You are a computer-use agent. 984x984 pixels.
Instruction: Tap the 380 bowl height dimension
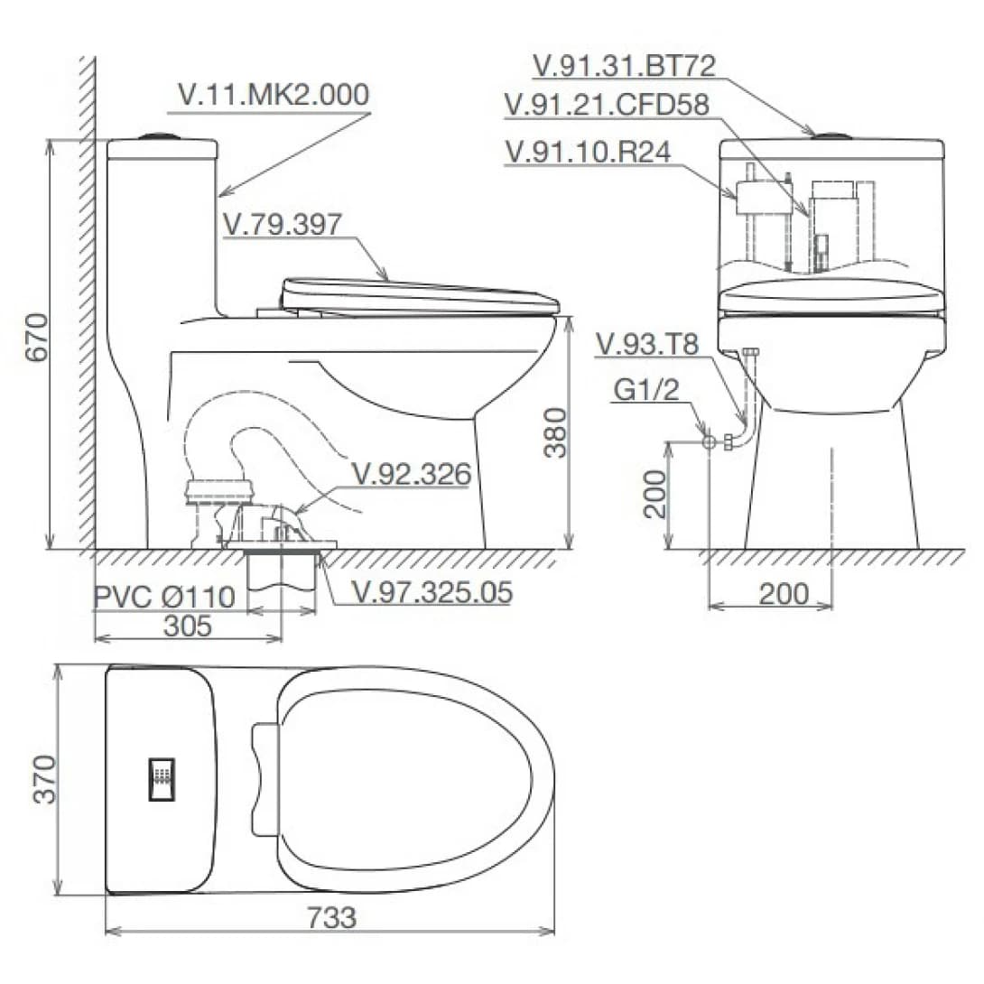(555, 433)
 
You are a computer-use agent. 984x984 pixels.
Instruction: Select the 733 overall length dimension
(331, 917)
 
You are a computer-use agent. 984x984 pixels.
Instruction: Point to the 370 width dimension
(44, 779)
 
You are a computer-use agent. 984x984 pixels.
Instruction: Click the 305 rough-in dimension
(188, 626)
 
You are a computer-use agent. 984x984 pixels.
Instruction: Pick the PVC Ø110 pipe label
(164, 597)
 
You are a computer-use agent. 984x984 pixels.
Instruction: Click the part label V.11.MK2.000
(274, 95)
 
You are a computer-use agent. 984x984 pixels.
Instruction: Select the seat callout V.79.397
(283, 224)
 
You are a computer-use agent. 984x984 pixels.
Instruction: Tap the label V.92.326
(411, 474)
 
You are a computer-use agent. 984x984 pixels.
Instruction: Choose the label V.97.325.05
(432, 592)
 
